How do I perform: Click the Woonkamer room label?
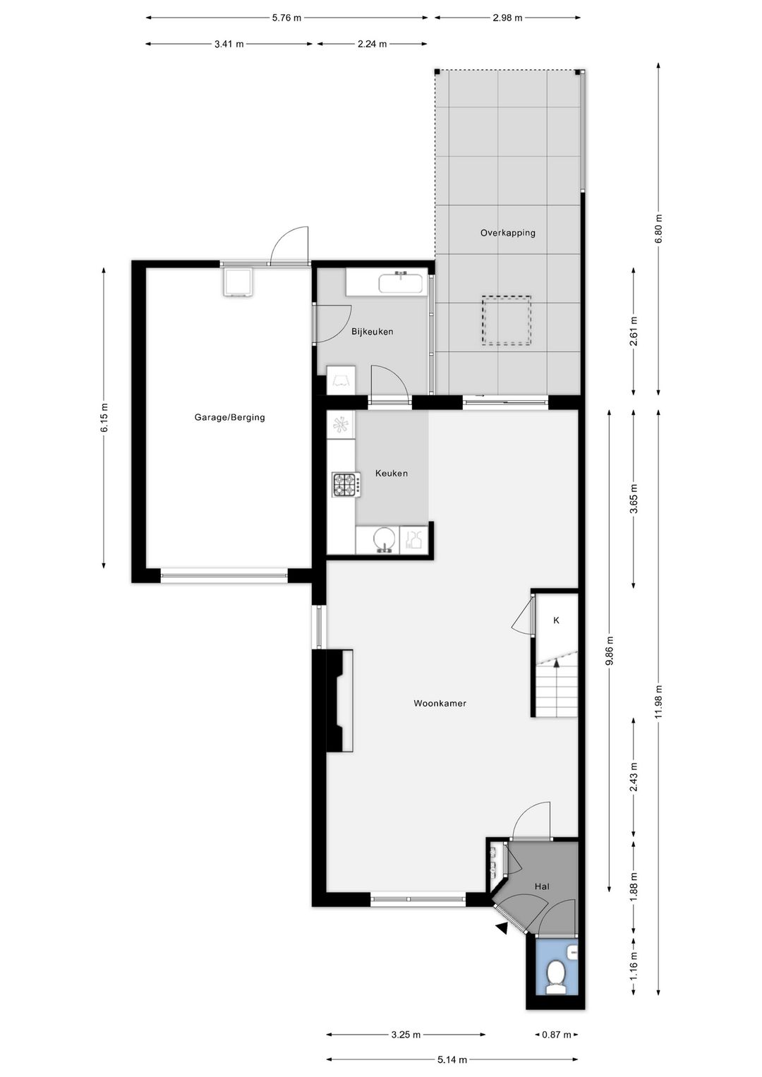[440, 704]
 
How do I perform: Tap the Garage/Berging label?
[230, 417]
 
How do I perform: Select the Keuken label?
[392, 474]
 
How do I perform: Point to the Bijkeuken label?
[372, 332]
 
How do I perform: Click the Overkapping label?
[508, 233]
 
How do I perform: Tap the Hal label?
[542, 886]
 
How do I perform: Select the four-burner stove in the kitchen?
[346, 485]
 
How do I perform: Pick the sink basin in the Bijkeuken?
[401, 282]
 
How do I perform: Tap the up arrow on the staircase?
[557, 664]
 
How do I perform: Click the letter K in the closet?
[556, 620]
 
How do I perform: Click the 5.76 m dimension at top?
[286, 18]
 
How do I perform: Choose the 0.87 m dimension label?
[556, 1031]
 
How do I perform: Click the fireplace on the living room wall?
[339, 700]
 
